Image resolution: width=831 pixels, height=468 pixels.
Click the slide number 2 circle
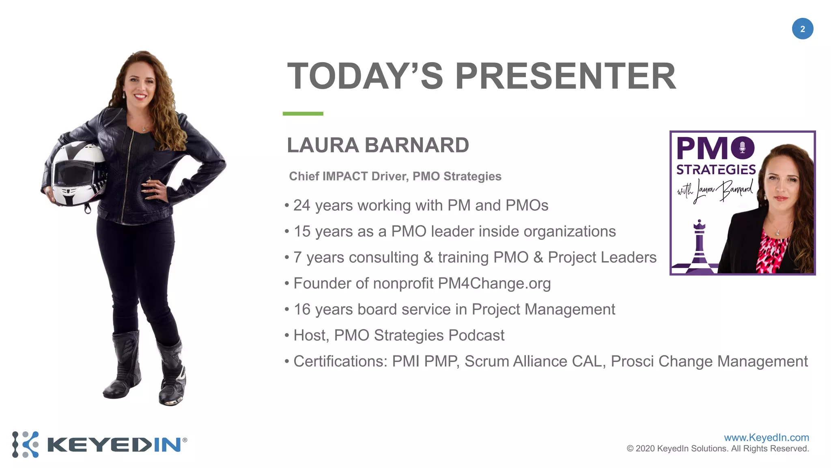coord(802,29)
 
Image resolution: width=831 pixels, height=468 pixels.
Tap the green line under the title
coord(303,114)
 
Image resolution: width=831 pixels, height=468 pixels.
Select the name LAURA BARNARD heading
coord(378,145)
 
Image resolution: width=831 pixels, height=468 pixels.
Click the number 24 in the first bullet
coord(302,206)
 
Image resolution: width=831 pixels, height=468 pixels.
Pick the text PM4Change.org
coord(494,284)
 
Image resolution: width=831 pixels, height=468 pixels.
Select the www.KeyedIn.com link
coord(766,438)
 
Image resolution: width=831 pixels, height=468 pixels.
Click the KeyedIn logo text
coord(114,445)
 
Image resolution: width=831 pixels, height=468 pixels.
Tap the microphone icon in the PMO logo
coord(742,147)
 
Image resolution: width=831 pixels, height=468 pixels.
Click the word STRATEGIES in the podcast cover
coord(716,169)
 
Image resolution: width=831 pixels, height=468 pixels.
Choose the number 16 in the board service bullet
coord(302,310)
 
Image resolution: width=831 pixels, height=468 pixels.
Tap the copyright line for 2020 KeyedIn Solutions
coord(718,449)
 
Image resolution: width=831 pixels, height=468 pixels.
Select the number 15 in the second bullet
coord(302,232)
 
